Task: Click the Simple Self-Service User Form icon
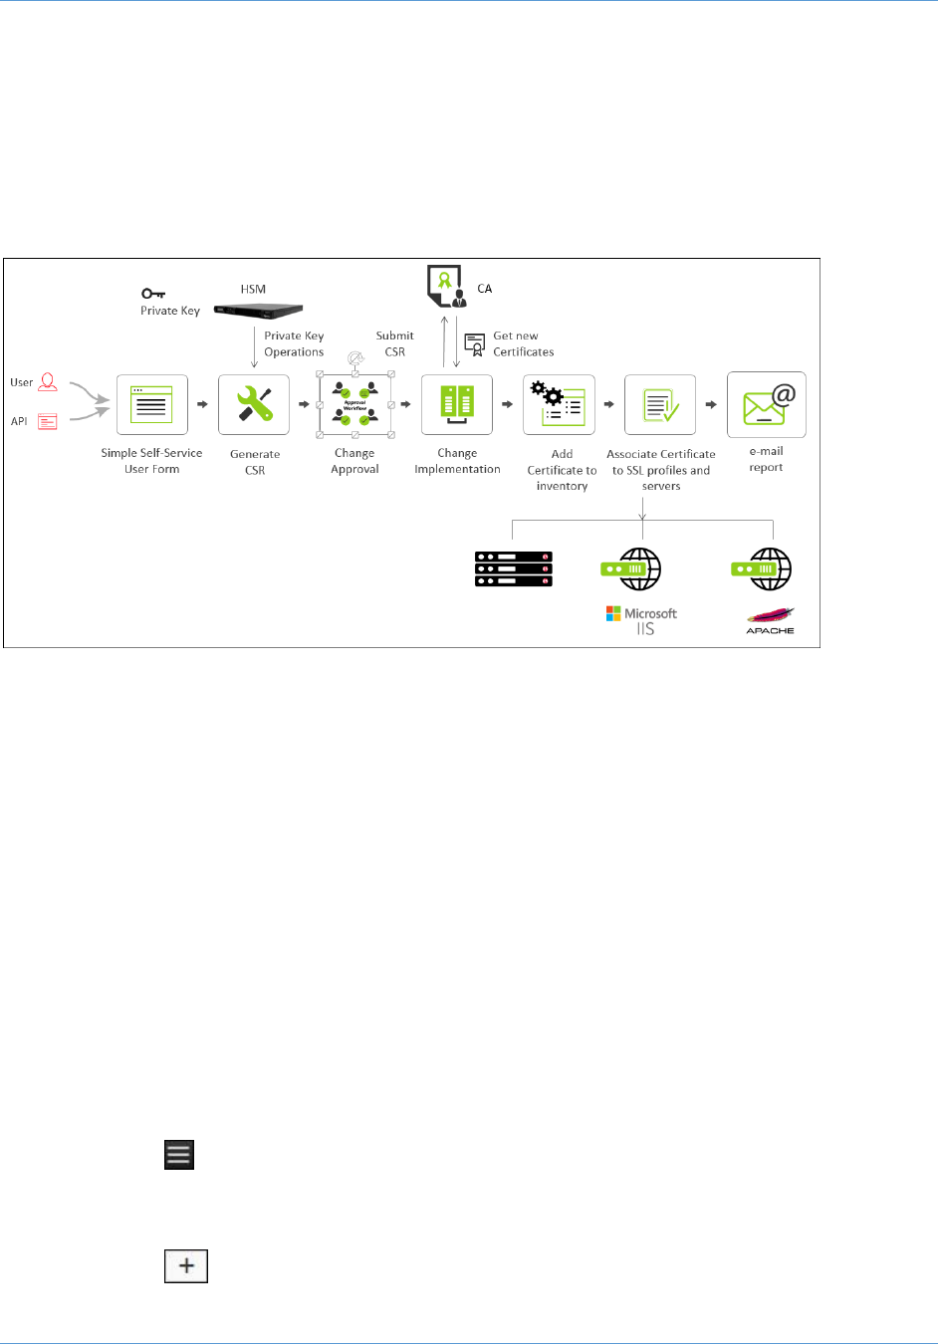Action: [x=151, y=405]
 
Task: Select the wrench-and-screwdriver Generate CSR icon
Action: [x=254, y=405]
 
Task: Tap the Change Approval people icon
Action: [x=355, y=404]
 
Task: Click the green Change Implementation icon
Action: [x=457, y=404]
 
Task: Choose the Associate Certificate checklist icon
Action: [x=660, y=405]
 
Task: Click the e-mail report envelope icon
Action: [x=767, y=405]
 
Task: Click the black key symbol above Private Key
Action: [x=153, y=294]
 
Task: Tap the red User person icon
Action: [x=47, y=382]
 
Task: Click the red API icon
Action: [x=47, y=422]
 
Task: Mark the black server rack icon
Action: [x=514, y=568]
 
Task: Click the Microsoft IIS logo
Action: [x=642, y=620]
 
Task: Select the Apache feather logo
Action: [x=771, y=619]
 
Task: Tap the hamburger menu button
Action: [x=179, y=1155]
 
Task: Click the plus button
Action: [x=186, y=1266]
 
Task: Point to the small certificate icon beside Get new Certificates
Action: [x=475, y=344]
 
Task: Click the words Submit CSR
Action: [x=394, y=343]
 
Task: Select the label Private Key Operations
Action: [x=294, y=343]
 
